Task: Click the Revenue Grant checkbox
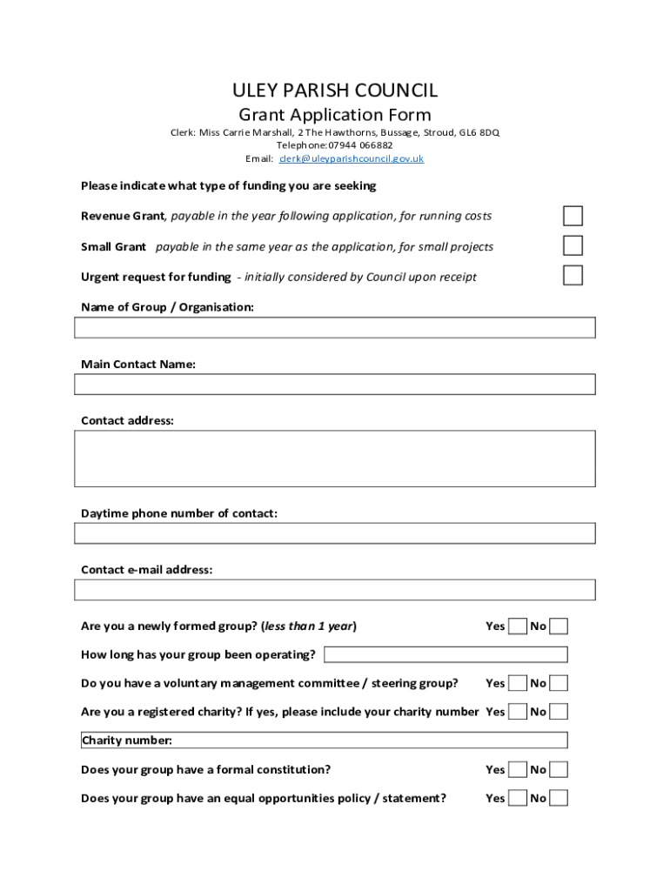tap(573, 216)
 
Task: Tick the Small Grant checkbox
tap(573, 245)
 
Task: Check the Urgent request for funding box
tap(573, 275)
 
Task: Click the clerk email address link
tap(352, 159)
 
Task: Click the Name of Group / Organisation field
tap(335, 327)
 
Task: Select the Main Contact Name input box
tap(335, 385)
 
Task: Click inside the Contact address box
tap(335, 458)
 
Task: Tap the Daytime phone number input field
tap(335, 533)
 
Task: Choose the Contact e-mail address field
tap(335, 590)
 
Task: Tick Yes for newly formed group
tap(518, 626)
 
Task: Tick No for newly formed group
tap(559, 626)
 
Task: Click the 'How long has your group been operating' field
tap(446, 654)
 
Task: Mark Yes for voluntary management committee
tap(518, 683)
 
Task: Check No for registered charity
tap(559, 712)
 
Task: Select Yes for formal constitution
tap(518, 769)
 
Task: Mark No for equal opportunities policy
tap(559, 798)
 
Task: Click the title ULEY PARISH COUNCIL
tap(335, 90)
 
